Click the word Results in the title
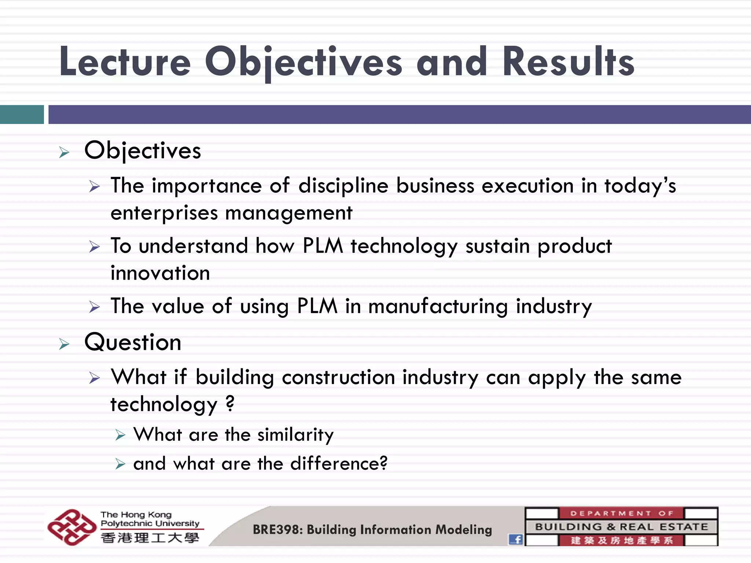pyautogui.click(x=568, y=62)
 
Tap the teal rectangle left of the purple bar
pyautogui.click(x=22, y=114)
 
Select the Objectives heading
pyautogui.click(x=143, y=151)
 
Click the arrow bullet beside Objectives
pyautogui.click(x=64, y=152)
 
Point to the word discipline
pyautogui.click(x=343, y=185)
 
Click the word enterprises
pyautogui.click(x=164, y=213)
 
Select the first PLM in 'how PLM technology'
pyautogui.click(x=322, y=246)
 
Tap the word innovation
pyautogui.click(x=160, y=273)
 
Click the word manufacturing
pyautogui.click(x=438, y=306)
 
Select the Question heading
pyautogui.click(x=133, y=342)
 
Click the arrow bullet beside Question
pyautogui.click(x=64, y=344)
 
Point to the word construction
pyautogui.click(x=338, y=377)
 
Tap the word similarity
pyautogui.click(x=295, y=435)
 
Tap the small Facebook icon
pyautogui.click(x=516, y=539)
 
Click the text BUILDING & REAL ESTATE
pyautogui.click(x=621, y=527)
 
